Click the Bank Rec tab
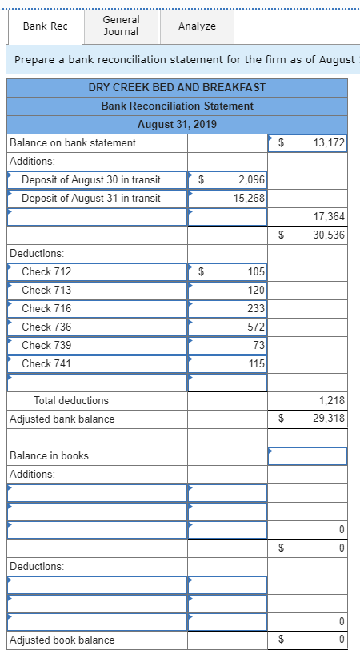point(45,26)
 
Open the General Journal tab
point(121,26)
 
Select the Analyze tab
point(197,26)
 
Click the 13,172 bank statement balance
point(330,142)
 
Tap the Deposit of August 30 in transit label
point(90,179)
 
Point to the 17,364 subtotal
point(330,216)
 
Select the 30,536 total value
point(330,235)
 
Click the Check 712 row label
point(46,271)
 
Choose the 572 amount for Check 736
point(257,327)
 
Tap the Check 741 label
point(46,363)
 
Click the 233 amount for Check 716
point(257,308)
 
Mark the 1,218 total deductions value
point(332,400)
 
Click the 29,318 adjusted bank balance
point(330,419)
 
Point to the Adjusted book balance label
point(62,640)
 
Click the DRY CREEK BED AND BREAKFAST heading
point(177,86)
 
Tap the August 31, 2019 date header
point(177,124)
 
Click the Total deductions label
point(71,400)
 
